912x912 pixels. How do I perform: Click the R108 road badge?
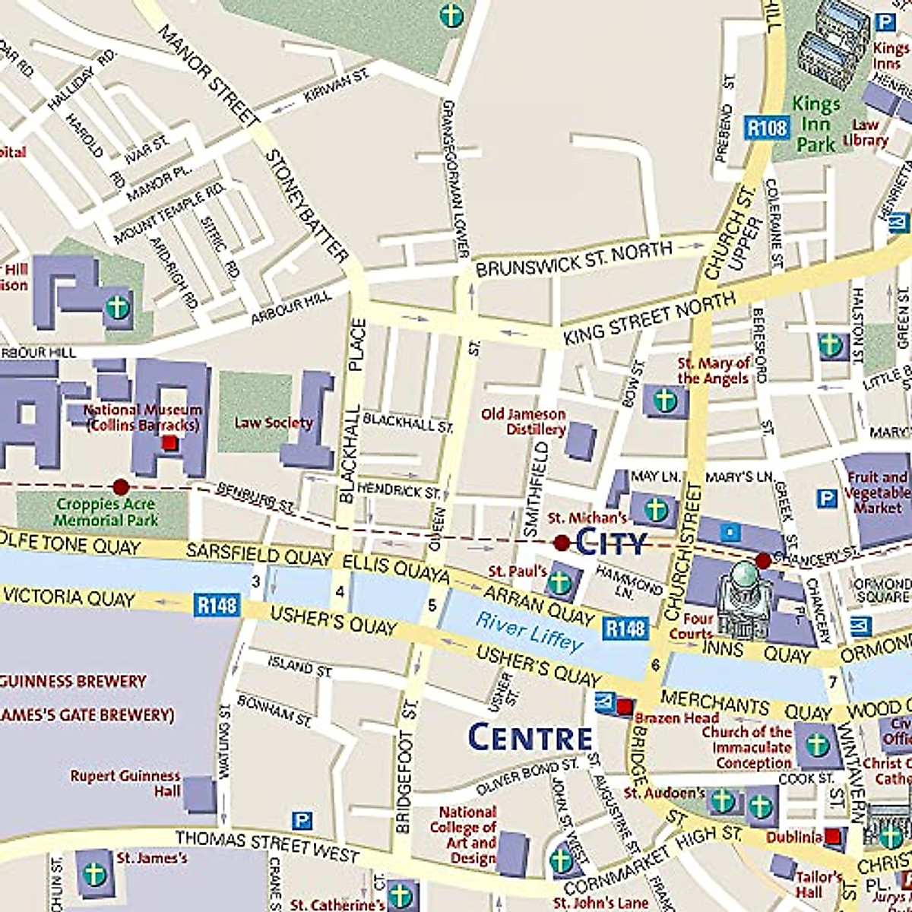[766, 128]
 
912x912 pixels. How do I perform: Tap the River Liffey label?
[530, 632]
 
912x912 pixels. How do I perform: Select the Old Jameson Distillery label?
[524, 422]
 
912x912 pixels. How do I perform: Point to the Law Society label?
[273, 423]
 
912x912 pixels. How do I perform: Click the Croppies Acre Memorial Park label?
[106, 512]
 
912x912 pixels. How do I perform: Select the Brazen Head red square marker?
[624, 707]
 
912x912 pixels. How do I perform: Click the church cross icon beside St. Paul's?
[559, 581]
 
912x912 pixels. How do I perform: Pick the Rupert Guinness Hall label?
[125, 783]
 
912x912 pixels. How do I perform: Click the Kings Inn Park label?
[816, 123]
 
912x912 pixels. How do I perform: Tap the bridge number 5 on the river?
[432, 605]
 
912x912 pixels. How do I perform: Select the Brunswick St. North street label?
[574, 259]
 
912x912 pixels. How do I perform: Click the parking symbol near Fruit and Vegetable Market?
[826, 499]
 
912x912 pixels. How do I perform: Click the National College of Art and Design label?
[463, 835]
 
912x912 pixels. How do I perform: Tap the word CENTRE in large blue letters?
[530, 738]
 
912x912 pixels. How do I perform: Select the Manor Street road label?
[210, 73]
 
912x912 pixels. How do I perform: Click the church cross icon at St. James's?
[95, 873]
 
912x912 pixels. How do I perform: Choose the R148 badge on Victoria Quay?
[217, 606]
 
